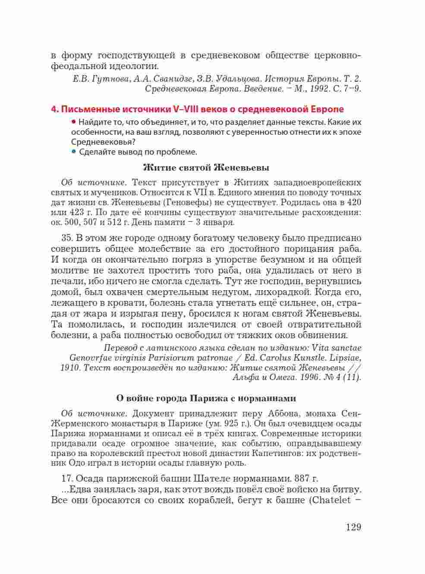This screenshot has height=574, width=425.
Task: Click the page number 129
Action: click(353, 527)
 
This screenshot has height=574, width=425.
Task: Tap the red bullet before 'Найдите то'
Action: click(74, 122)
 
